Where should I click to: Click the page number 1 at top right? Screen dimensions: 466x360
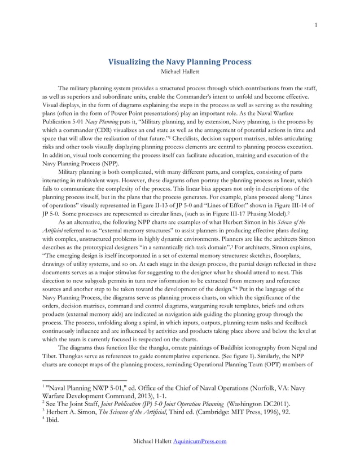316,24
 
